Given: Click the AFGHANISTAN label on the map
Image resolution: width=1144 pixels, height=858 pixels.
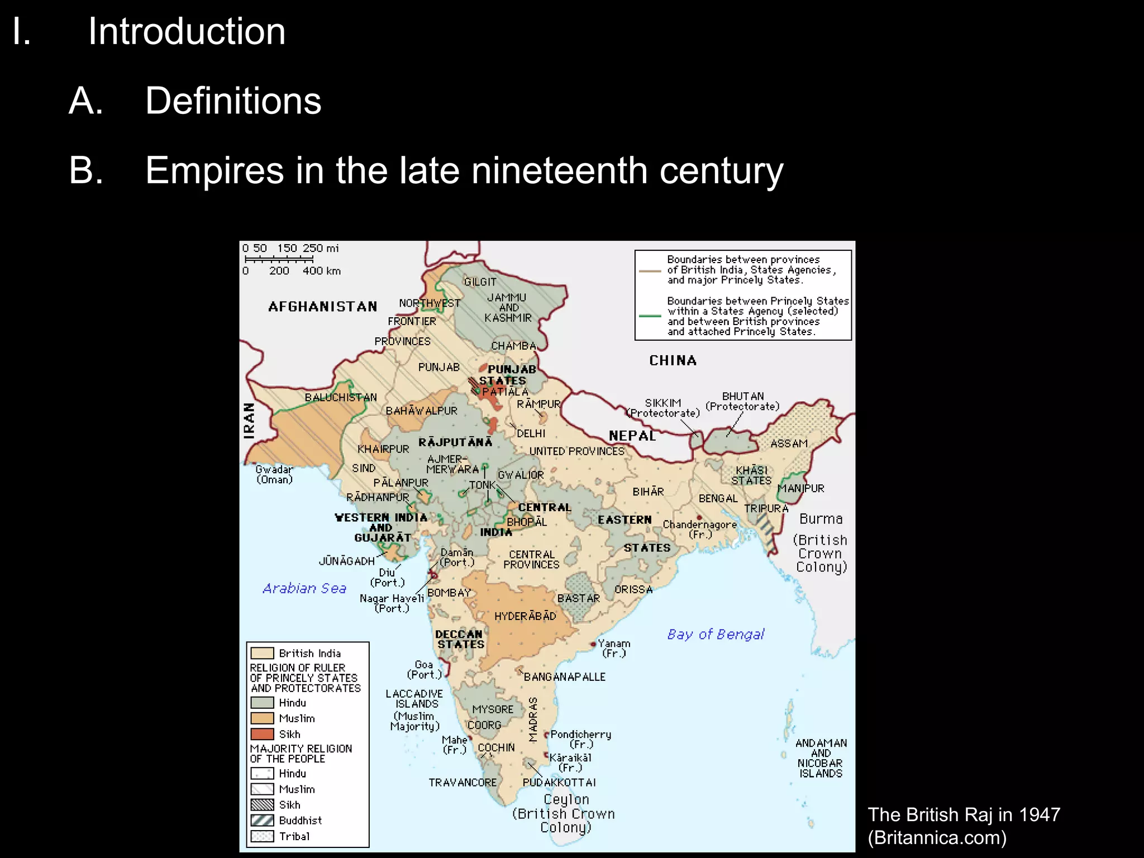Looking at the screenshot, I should (x=322, y=307).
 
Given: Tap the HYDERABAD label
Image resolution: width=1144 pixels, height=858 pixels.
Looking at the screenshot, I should (x=525, y=616).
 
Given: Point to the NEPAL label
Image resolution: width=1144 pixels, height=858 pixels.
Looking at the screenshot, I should (x=632, y=436).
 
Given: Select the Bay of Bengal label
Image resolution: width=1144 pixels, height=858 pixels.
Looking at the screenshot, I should (x=716, y=635).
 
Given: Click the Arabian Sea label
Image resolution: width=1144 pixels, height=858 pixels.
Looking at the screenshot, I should (x=304, y=588).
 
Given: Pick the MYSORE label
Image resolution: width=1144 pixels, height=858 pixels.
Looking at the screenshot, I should (x=492, y=709).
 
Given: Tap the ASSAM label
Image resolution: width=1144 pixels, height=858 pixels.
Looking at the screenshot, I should (x=789, y=444).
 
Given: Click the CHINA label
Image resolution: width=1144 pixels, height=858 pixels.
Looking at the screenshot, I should (x=673, y=361).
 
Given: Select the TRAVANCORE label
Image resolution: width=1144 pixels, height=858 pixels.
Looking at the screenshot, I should (x=463, y=783).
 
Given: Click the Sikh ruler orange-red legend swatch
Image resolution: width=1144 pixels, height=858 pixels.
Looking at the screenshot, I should (x=262, y=734).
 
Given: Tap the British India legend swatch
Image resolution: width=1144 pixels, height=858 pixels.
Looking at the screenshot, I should (x=262, y=653).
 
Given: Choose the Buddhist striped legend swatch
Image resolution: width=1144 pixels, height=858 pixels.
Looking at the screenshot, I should (x=262, y=820).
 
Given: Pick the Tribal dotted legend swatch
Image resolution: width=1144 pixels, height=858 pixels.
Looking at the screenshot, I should (x=262, y=836).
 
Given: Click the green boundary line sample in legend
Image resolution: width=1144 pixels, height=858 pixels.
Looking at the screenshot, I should (x=650, y=316).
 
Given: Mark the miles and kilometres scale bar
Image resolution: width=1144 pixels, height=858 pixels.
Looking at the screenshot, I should (x=279, y=260).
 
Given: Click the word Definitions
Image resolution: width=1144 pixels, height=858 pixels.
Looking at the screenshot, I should (x=233, y=101).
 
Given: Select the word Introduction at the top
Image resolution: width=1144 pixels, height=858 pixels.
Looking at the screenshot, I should (x=187, y=31).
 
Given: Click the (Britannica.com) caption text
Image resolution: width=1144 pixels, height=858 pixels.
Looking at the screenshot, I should (x=937, y=838).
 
